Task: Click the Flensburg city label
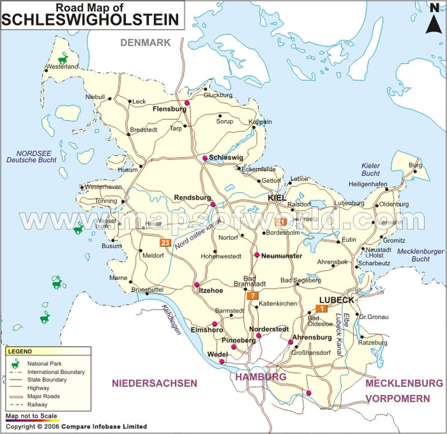(169, 109)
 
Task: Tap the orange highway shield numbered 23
(165, 243)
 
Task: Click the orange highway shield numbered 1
(321, 308)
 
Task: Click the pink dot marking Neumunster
(256, 255)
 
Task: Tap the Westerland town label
(62, 67)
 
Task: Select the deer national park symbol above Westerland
(64, 58)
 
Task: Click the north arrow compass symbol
(433, 18)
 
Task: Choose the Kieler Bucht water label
(370, 169)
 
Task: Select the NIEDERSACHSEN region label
(154, 383)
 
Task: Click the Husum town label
(127, 169)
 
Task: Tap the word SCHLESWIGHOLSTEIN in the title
(92, 19)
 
